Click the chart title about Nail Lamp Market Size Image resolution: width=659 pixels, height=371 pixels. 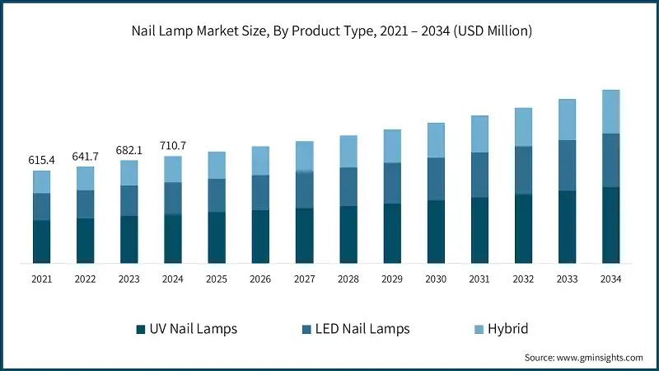[x=329, y=32]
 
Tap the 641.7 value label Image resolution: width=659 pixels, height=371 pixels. [x=85, y=155]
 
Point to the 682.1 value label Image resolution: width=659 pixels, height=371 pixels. [x=129, y=149]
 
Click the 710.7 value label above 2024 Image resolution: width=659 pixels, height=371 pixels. [x=172, y=145]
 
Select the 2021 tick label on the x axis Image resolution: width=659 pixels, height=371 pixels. [x=41, y=279]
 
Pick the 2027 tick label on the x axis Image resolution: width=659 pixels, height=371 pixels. [x=304, y=279]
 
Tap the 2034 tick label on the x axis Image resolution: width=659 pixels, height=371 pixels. [x=610, y=279]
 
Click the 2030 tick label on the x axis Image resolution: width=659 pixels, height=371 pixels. [x=435, y=279]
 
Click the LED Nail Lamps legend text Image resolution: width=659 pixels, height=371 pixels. [x=362, y=329]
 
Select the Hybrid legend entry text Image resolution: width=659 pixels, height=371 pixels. [x=507, y=329]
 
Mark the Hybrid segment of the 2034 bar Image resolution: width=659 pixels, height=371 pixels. [x=610, y=111]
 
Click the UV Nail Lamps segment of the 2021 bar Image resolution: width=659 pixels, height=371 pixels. [x=41, y=242]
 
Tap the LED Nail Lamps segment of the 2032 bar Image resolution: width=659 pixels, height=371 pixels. [x=523, y=170]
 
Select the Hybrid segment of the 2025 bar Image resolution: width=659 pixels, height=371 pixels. [x=217, y=165]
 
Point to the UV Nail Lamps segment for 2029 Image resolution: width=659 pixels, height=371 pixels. [x=391, y=233]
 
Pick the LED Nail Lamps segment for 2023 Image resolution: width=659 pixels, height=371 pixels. [x=129, y=200]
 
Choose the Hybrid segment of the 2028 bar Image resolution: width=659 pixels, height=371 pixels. [x=348, y=151]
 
